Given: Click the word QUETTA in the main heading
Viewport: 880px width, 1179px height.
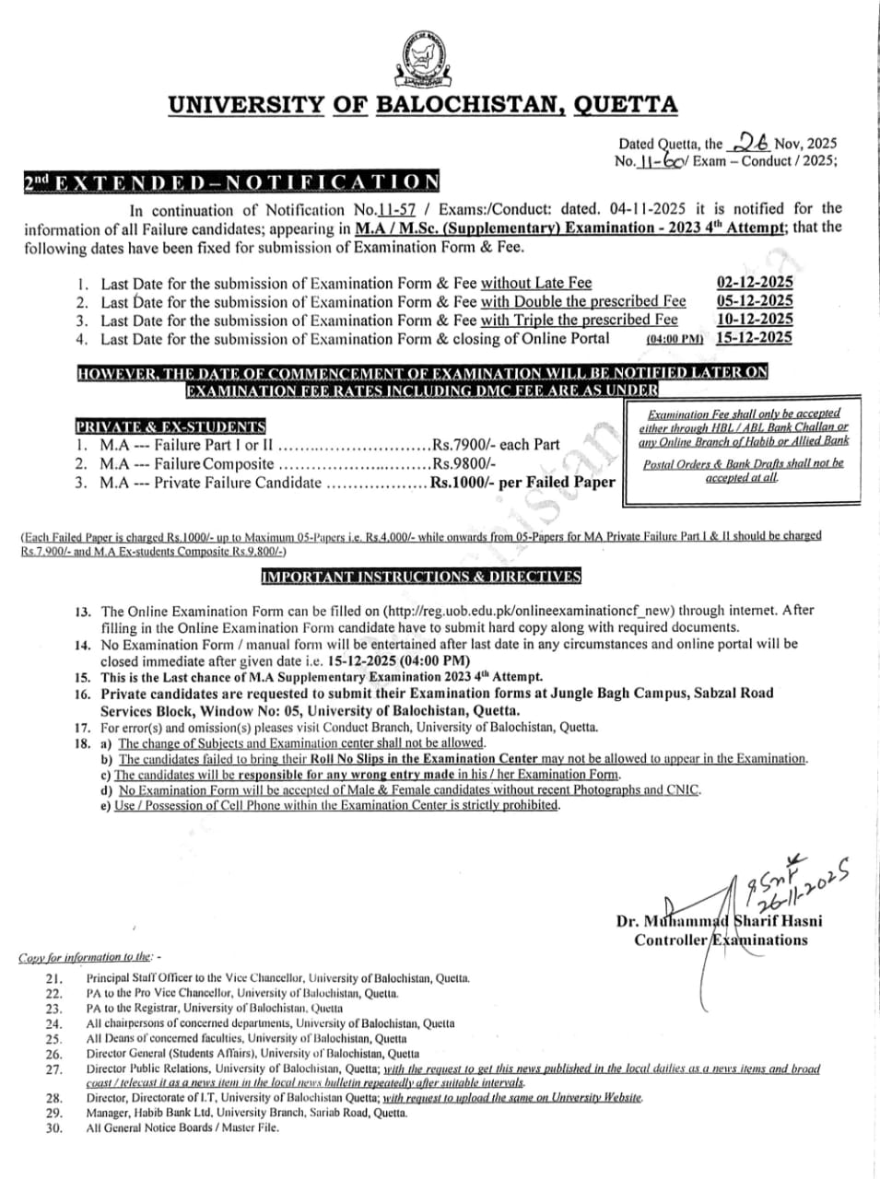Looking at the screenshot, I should [625, 105].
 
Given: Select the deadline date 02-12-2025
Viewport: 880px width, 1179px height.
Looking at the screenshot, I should [754, 283].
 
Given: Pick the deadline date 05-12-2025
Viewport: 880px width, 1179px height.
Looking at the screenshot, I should [754, 301].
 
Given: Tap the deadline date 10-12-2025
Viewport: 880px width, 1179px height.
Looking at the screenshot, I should [754, 320].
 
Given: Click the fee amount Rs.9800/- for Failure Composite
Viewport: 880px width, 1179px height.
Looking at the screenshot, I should [464, 464].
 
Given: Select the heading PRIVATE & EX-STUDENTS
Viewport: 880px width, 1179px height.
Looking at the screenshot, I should [170, 426].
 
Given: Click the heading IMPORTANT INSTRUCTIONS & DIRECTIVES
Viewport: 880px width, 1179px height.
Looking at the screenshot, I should [421, 577].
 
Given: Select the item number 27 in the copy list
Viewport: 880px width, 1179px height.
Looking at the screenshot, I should [53, 1069].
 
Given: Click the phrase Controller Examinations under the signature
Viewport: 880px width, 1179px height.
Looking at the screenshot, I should [721, 940].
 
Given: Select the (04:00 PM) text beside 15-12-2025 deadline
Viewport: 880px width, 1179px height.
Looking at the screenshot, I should [675, 339].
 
